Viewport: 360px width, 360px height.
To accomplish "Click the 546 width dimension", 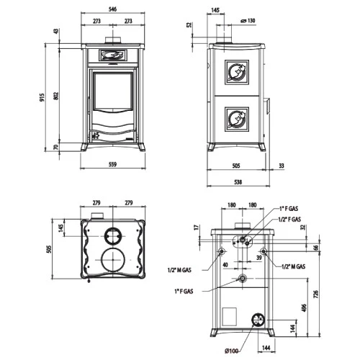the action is pos(112,9).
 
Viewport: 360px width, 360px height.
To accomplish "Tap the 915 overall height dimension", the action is pos(42,97).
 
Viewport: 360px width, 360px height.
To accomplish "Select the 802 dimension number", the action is pos(55,96).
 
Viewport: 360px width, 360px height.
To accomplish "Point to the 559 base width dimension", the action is pos(112,164).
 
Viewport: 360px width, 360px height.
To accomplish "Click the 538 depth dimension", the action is pos(238,182).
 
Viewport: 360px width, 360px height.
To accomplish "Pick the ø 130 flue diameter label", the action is pos(248,21).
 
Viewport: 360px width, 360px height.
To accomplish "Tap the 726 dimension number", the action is pos(316,294).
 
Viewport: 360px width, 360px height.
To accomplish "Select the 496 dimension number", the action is pos(304,308).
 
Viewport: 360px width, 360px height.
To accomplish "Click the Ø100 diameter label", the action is pos(232,351).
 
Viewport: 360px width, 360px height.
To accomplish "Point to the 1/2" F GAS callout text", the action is pos(289,219).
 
